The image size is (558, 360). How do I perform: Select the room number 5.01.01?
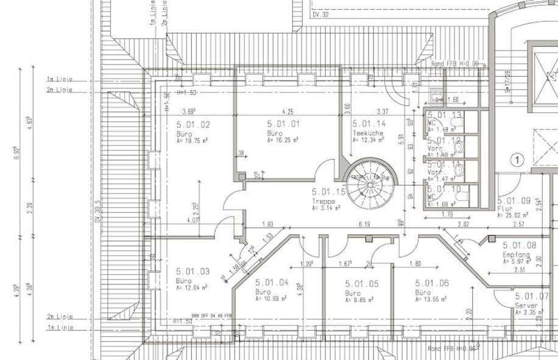(284, 123)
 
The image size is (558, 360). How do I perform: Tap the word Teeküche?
(368, 132)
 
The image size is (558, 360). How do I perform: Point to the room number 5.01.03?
(193, 271)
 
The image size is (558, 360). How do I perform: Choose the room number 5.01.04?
(272, 283)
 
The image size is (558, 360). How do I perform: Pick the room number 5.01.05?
(362, 283)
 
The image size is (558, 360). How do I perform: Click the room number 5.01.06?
(432, 283)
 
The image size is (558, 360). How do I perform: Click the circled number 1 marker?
(517, 160)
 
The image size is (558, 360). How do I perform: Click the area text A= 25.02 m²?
(516, 214)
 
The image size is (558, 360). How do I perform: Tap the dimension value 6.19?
(365, 225)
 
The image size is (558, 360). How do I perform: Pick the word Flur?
(504, 207)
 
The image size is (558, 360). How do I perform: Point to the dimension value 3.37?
(383, 111)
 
